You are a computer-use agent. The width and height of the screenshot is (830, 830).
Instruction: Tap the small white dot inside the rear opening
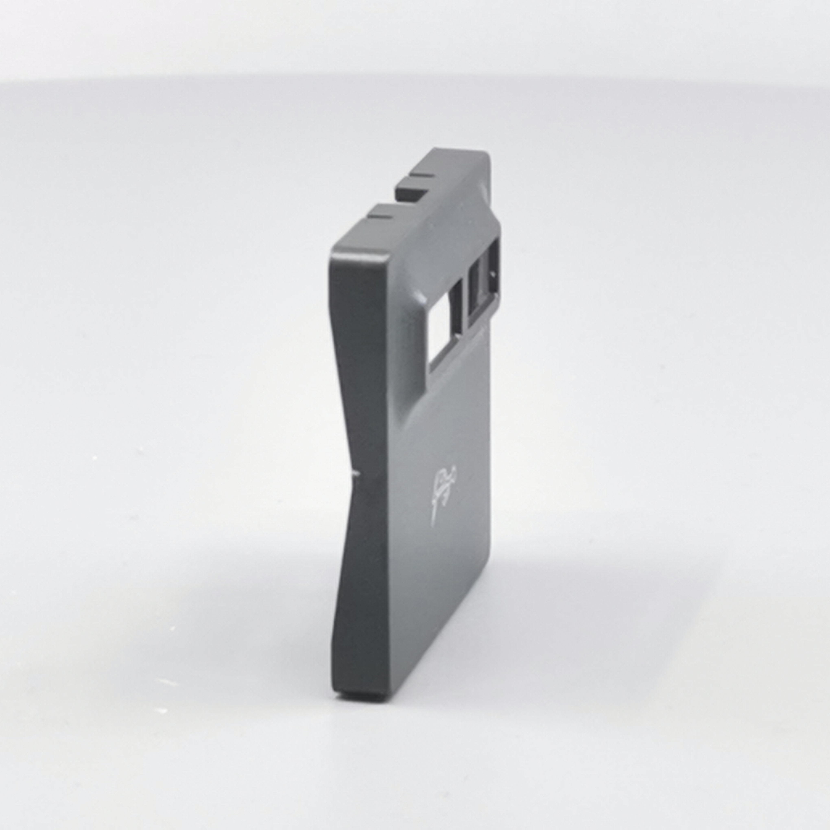494,272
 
